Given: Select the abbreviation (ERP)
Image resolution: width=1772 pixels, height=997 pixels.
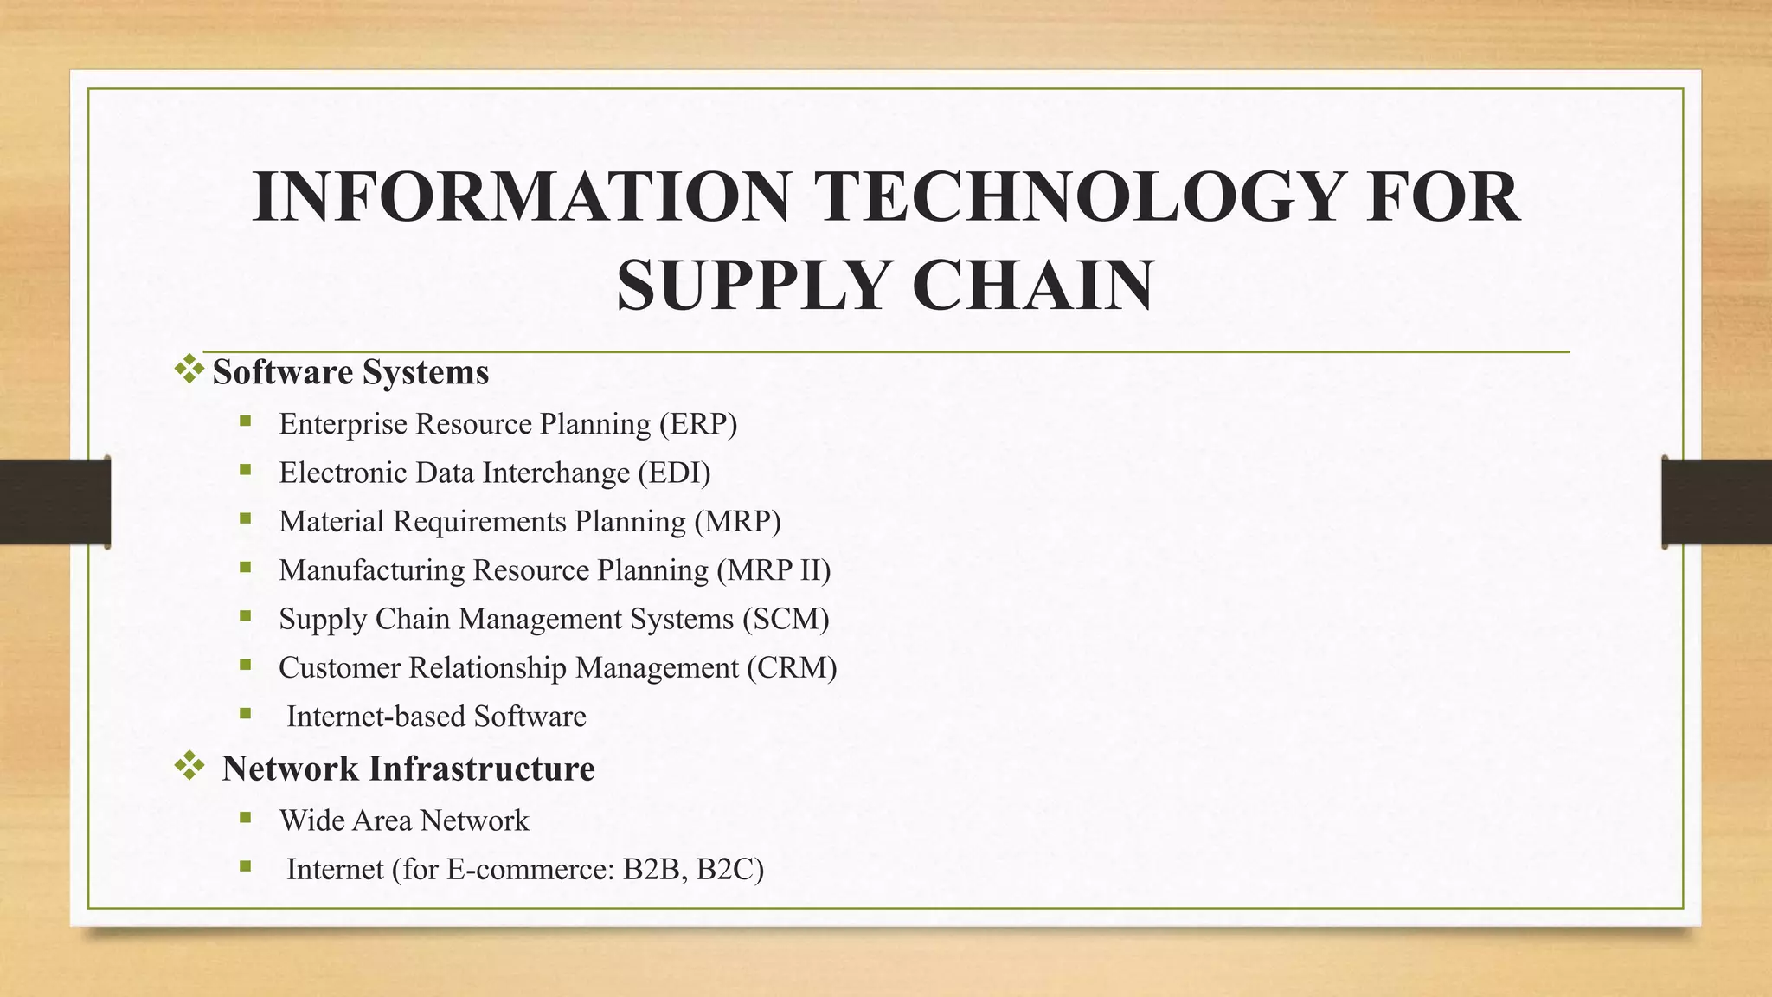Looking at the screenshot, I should coord(698,424).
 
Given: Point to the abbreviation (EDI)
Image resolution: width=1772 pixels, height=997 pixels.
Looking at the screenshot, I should coord(674,473).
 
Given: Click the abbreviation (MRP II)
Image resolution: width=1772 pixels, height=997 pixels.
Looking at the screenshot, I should coord(774,570).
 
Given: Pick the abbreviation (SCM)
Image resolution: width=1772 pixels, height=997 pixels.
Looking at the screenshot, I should coord(786,619).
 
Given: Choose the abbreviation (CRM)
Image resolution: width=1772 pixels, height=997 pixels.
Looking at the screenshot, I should coord(792,668).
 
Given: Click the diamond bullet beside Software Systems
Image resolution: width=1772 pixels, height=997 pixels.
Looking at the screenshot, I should coord(189,370).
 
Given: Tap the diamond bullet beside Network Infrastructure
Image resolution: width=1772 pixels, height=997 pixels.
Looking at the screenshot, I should coord(189,765).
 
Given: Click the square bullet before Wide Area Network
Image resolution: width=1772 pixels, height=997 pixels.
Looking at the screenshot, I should coord(246,817).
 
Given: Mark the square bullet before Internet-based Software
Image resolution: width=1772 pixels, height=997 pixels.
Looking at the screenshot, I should coord(246,714).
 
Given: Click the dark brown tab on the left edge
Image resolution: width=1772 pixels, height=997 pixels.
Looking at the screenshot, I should coord(55,502).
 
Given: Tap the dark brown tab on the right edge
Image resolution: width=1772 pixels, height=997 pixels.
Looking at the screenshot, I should coord(1717,502).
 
